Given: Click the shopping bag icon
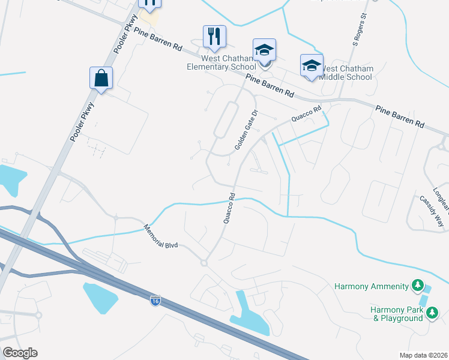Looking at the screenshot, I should tap(101, 78).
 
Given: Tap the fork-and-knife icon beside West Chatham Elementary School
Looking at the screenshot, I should tap(214, 37).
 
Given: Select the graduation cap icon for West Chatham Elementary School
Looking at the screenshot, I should tap(264, 52).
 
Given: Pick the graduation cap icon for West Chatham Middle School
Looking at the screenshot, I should tap(312, 66).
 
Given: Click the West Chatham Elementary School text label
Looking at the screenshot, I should tap(220, 62).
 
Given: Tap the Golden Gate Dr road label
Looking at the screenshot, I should tap(246, 130).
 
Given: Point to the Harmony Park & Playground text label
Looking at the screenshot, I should tap(397, 314).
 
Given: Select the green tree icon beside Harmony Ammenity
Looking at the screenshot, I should tap(418, 286).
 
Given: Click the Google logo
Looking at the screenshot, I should tap(20, 353).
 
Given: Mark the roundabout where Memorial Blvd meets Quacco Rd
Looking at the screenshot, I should tap(204, 263).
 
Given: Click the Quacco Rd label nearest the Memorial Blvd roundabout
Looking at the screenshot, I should tap(229, 208).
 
